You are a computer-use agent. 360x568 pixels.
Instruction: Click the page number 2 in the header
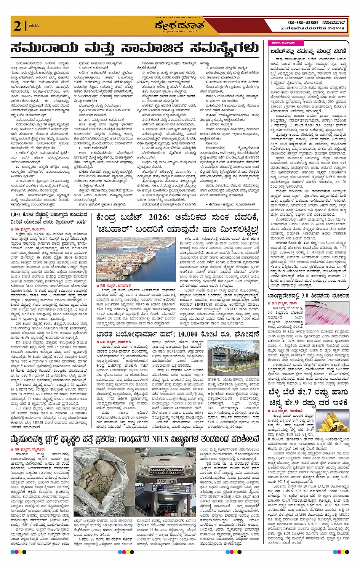(x=17, y=26)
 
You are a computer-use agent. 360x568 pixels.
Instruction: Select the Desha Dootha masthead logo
(x=179, y=25)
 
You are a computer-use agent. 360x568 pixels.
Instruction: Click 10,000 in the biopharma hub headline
(x=200, y=334)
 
